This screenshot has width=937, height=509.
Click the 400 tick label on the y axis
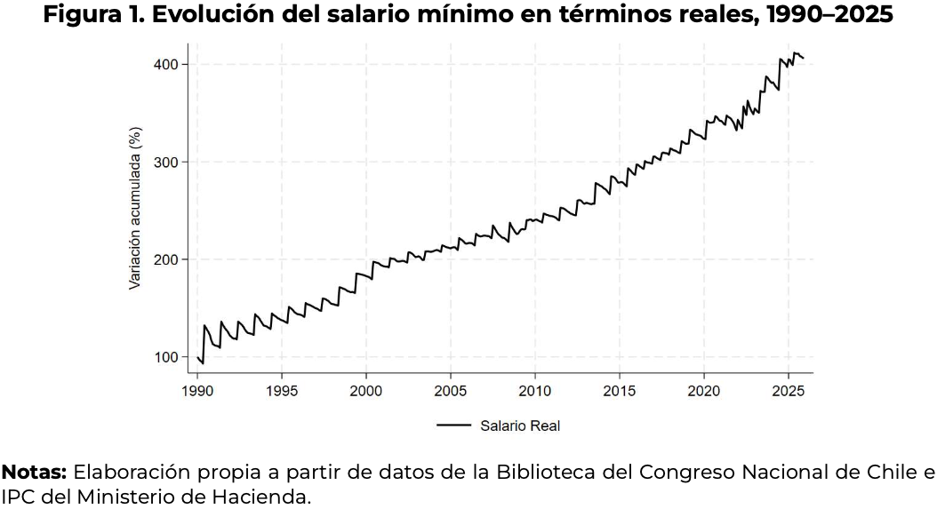pyautogui.click(x=169, y=65)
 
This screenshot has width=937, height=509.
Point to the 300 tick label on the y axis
pyautogui.click(x=169, y=162)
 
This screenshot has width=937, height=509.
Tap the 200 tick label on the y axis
pyautogui.click(x=169, y=259)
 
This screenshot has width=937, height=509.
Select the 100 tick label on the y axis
pyautogui.click(x=169, y=357)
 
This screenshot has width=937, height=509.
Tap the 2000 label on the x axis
pyautogui.click(x=366, y=390)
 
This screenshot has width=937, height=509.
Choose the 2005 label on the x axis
pyautogui.click(x=450, y=390)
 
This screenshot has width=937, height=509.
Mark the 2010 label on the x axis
pyautogui.click(x=534, y=390)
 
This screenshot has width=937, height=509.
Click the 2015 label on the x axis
pyautogui.click(x=620, y=390)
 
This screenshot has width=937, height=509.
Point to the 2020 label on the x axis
pyautogui.click(x=704, y=390)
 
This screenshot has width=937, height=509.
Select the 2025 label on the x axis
pyautogui.click(x=788, y=390)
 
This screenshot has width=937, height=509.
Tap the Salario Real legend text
pyautogui.click(x=520, y=426)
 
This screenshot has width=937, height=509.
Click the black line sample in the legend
pyautogui.click(x=453, y=426)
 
